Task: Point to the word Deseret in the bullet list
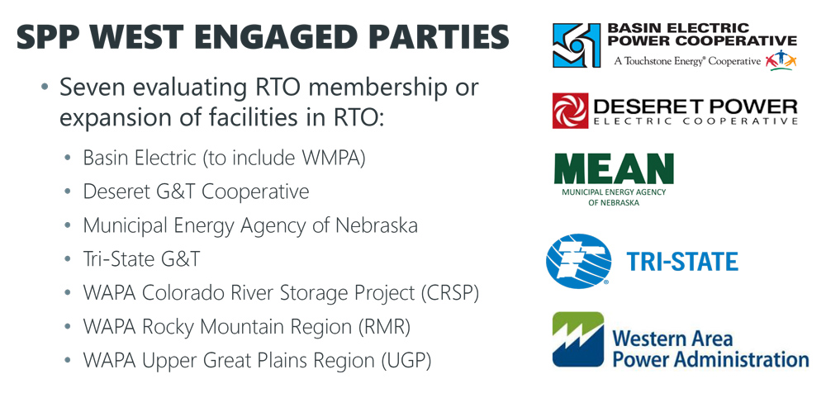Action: tap(116, 192)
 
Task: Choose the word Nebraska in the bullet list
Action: tap(375, 225)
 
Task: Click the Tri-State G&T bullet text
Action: tap(141, 259)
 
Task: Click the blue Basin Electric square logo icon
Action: tap(577, 45)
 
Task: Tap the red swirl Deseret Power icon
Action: tap(570, 111)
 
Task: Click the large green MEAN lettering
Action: tap(613, 170)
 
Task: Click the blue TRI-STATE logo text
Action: tap(681, 263)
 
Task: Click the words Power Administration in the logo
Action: tap(710, 359)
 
